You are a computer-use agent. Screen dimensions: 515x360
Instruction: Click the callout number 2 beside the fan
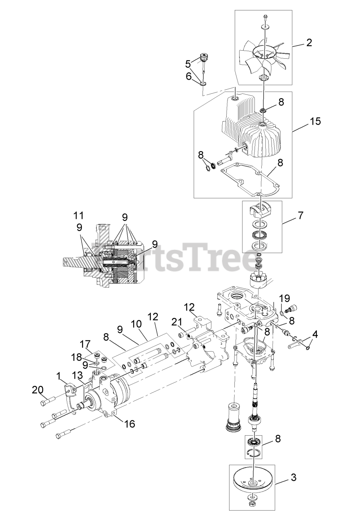(x=309, y=43)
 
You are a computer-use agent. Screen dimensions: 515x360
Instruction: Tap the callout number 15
(x=315, y=121)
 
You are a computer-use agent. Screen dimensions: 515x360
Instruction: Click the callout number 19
(x=285, y=299)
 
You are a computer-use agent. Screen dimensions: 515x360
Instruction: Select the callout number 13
(x=78, y=376)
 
